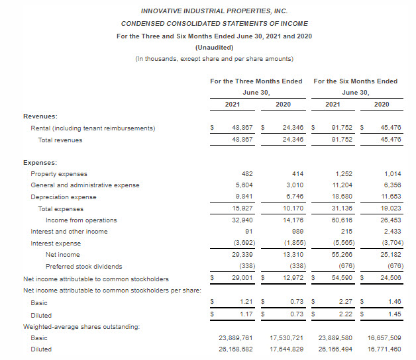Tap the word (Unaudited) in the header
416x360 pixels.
point(213,47)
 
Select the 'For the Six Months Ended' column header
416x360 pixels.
point(355,81)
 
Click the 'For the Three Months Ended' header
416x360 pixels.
point(256,81)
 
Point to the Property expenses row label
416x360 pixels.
point(59,173)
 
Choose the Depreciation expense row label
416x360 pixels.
point(64,197)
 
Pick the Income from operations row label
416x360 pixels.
point(81,220)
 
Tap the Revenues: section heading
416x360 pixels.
point(40,116)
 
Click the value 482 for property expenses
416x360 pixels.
point(247,173)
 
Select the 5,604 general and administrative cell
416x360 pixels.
point(244,185)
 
